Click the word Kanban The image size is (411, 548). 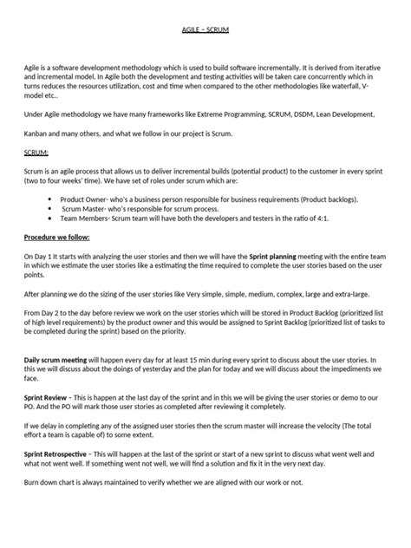click(38, 133)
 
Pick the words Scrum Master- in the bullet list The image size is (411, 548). click(82, 210)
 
